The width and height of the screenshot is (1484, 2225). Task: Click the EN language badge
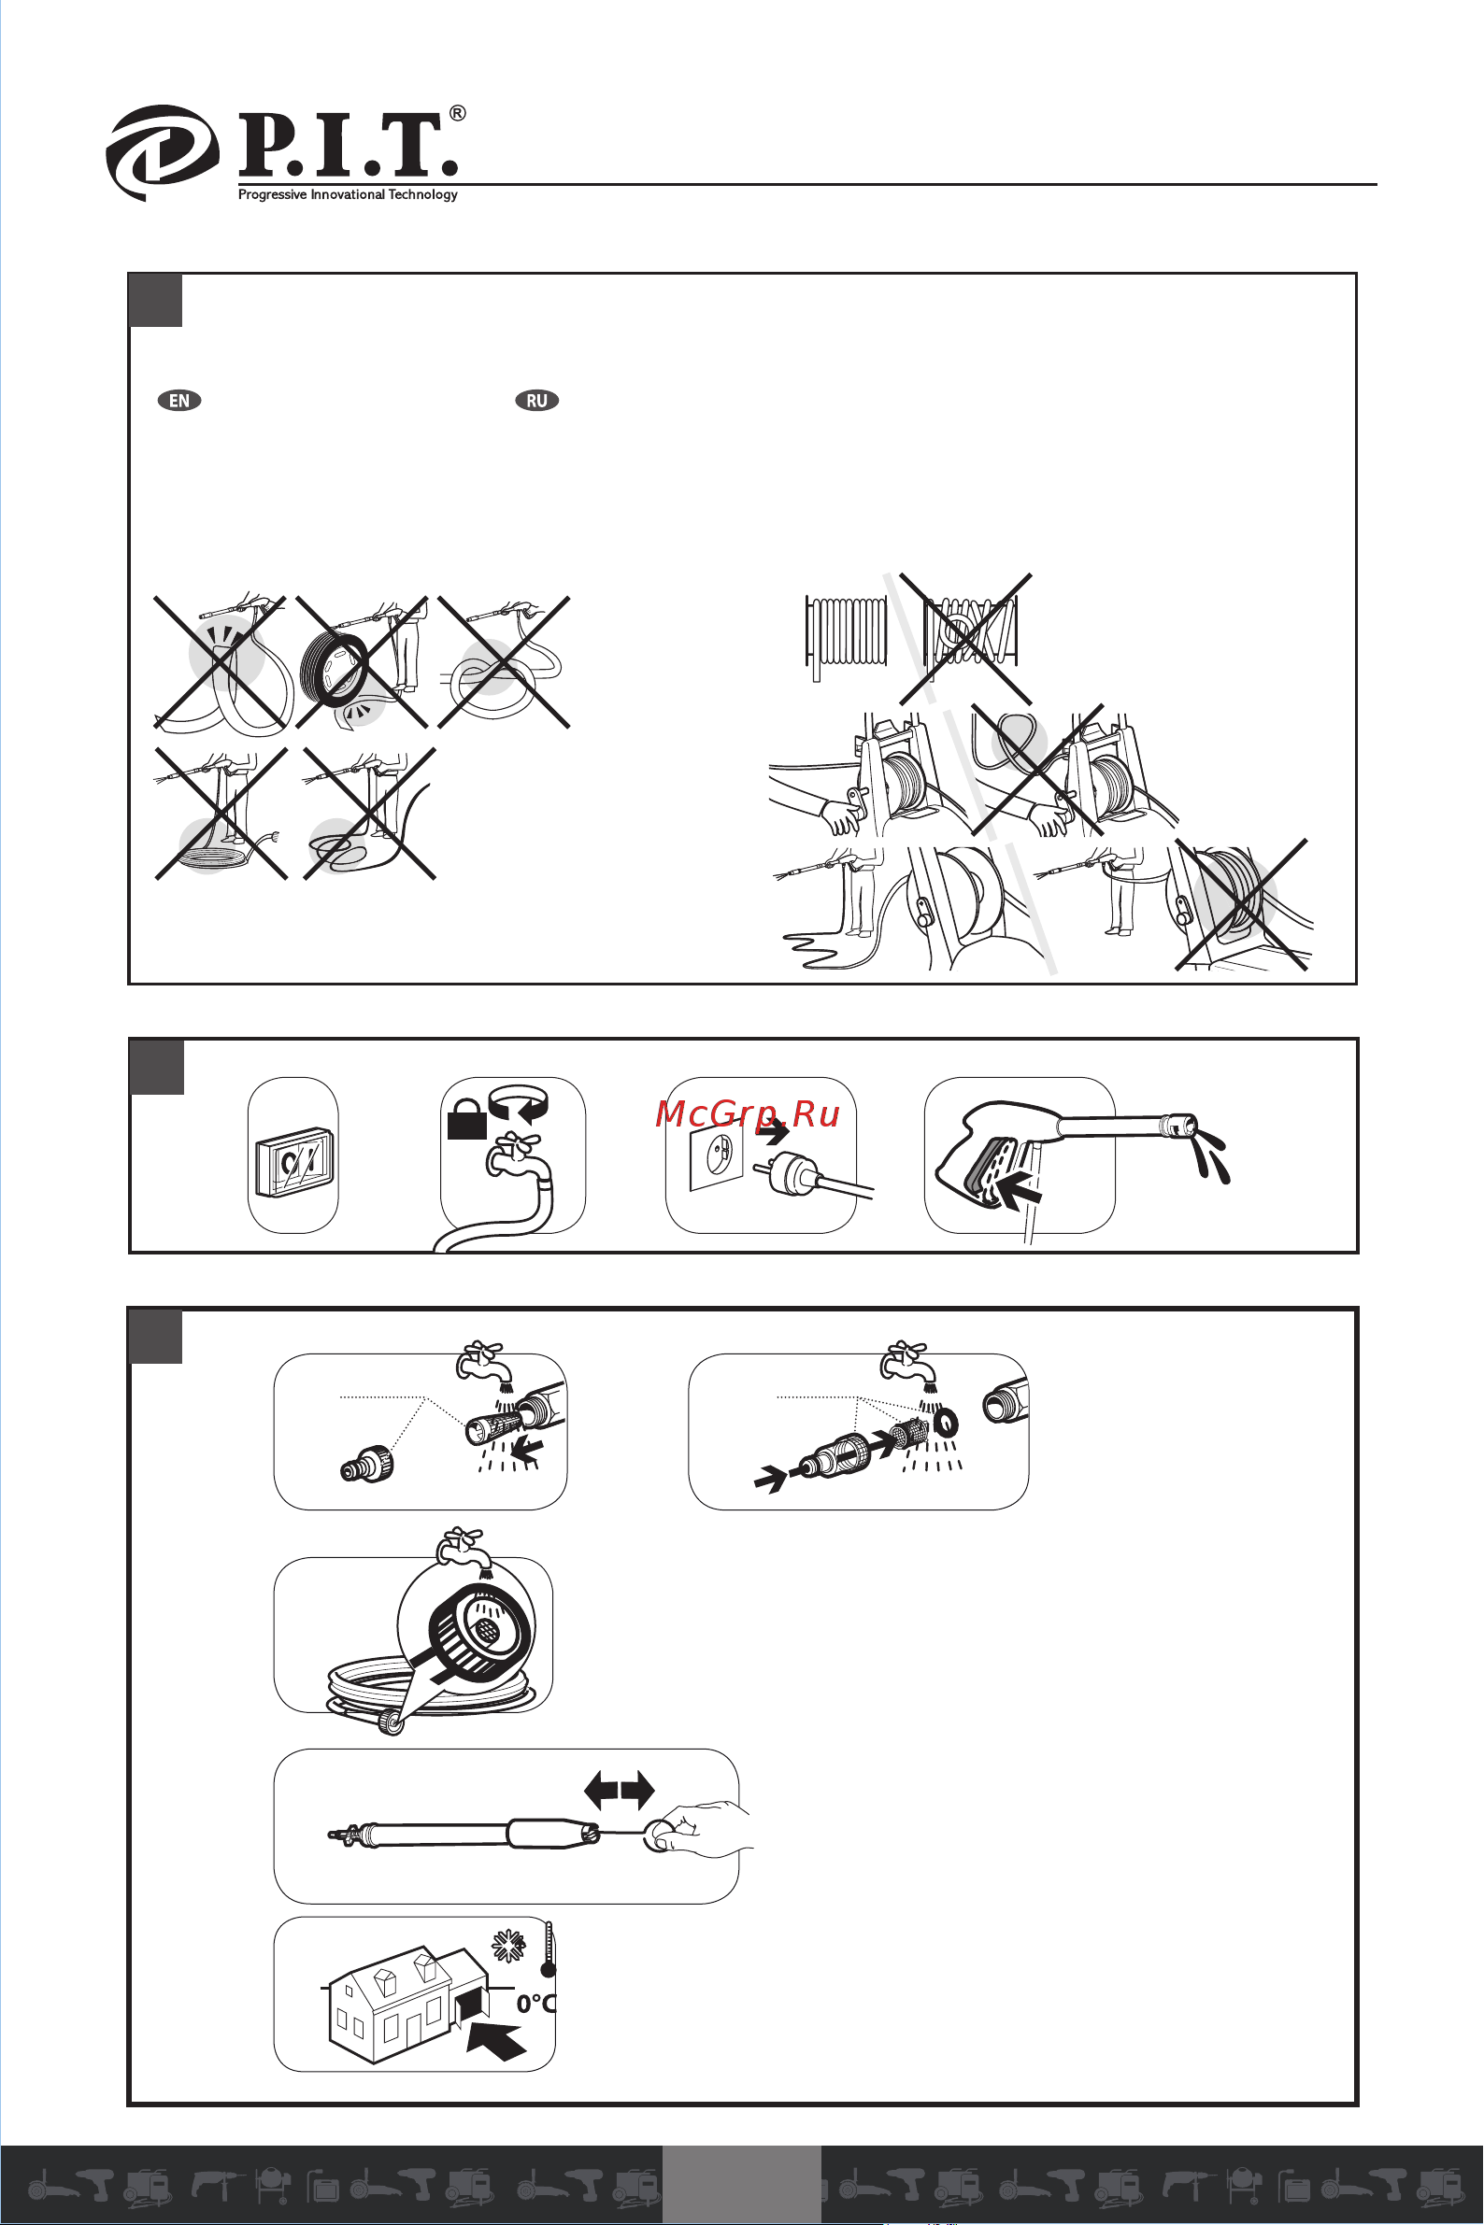tap(178, 400)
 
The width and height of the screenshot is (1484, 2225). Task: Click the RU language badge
tap(536, 400)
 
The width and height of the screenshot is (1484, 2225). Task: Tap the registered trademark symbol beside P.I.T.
tap(457, 114)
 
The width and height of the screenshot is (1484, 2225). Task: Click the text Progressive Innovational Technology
tap(348, 195)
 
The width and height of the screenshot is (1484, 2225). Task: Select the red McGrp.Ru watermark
tap(748, 1114)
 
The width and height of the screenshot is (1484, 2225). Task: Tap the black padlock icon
tap(466, 1124)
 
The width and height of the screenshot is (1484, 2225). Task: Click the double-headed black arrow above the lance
tap(619, 1790)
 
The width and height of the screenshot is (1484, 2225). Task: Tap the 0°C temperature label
tap(535, 2004)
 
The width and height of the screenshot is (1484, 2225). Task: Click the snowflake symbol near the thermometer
tap(508, 1946)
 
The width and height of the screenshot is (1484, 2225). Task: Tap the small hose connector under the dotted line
tap(366, 1465)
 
